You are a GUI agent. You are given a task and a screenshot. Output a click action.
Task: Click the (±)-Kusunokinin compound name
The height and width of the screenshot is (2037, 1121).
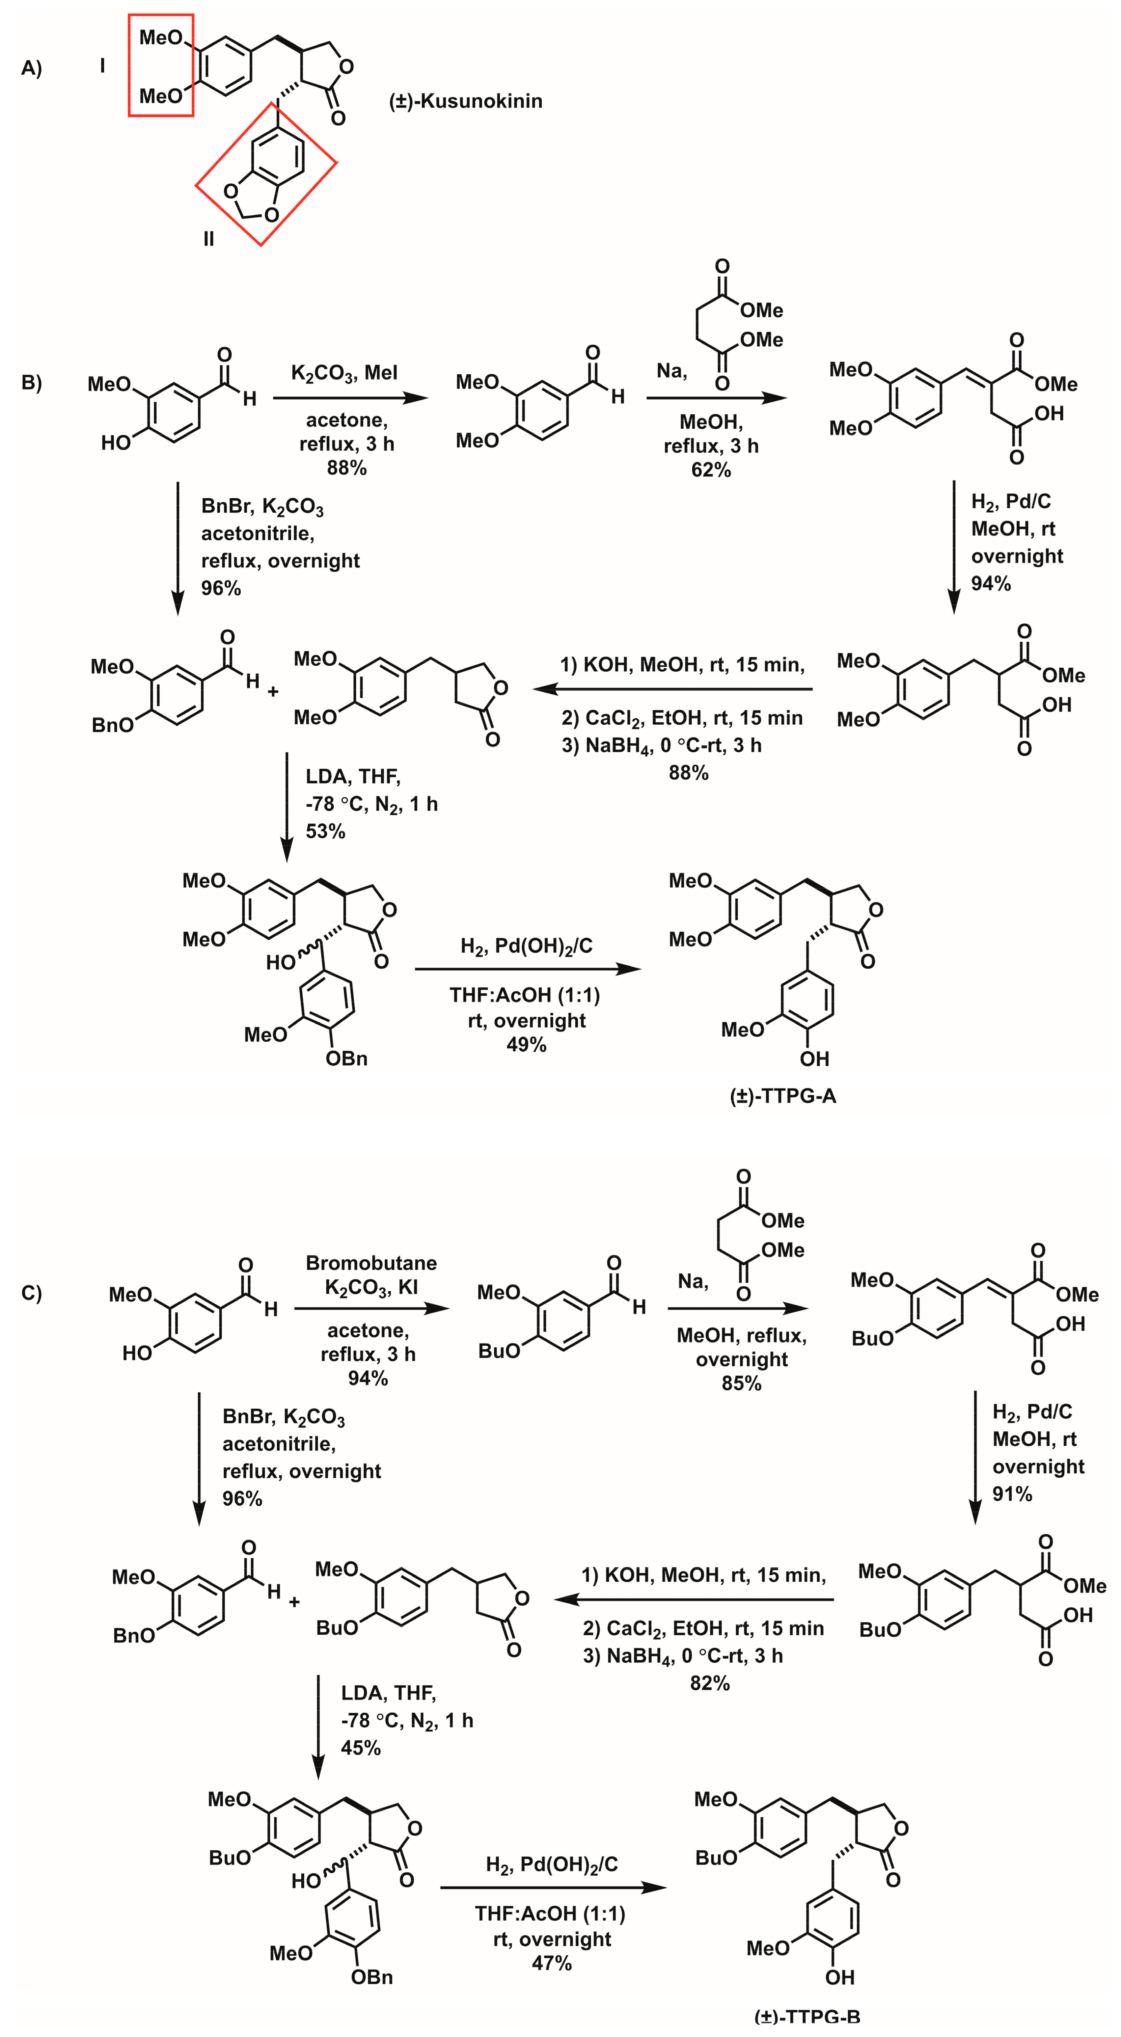(x=466, y=101)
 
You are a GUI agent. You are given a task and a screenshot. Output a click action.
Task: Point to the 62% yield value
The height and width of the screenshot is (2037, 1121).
(x=711, y=470)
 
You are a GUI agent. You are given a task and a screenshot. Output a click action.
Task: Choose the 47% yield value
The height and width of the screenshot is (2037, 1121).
(x=552, y=1963)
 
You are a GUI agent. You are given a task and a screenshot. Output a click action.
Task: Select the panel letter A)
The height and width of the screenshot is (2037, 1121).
(x=32, y=69)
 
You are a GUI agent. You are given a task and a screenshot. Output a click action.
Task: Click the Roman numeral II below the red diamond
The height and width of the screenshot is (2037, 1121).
(x=209, y=239)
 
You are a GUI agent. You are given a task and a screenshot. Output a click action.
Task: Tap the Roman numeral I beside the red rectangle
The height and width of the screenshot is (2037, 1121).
(x=102, y=66)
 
